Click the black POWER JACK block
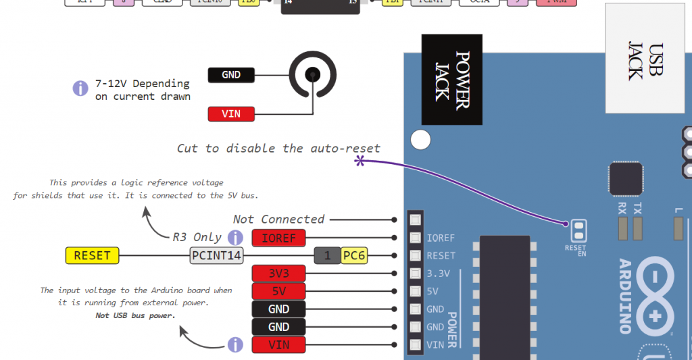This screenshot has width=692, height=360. [452, 80]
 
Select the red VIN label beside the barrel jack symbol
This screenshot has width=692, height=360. [231, 114]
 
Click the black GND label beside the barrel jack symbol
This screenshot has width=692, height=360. [231, 75]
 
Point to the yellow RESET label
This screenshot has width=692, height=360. [92, 255]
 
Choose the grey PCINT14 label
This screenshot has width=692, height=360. [216, 255]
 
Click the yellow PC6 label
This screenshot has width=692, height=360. [355, 255]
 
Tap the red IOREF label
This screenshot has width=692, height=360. [278, 238]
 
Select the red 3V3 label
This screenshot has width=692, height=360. [278, 274]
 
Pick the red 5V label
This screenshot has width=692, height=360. [278, 291]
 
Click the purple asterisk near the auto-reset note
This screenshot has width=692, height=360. [360, 161]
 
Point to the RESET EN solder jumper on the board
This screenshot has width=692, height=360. [577, 230]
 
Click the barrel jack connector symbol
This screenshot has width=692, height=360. [312, 75]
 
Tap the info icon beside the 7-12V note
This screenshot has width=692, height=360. [80, 88]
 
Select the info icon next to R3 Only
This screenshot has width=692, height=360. [235, 238]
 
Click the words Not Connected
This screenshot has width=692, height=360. [278, 220]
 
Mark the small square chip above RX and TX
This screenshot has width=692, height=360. [625, 179]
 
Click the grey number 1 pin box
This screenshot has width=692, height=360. [327, 255]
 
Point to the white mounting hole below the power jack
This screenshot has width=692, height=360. [420, 140]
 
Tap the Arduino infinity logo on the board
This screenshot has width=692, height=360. [654, 297]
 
